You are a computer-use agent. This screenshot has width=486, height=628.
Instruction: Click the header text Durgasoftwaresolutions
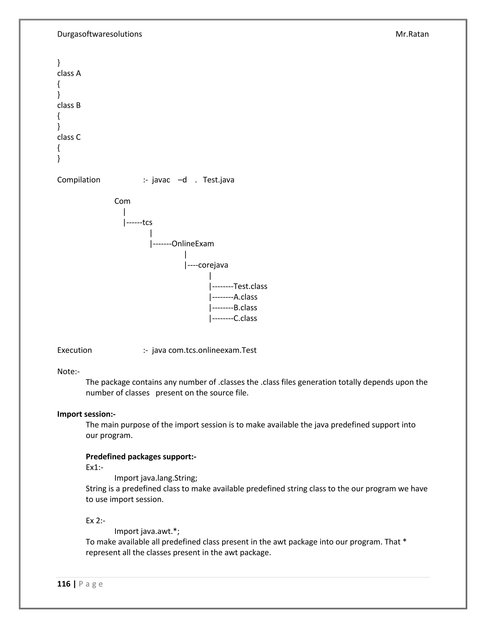(x=99, y=34)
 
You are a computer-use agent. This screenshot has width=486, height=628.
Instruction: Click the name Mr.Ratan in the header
(x=412, y=34)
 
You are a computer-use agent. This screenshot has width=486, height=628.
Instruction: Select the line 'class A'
(x=69, y=74)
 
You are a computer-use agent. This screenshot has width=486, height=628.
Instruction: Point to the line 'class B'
(x=69, y=105)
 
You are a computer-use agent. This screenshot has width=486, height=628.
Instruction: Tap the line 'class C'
(x=69, y=137)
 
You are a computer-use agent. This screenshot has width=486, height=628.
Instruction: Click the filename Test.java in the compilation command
(x=218, y=180)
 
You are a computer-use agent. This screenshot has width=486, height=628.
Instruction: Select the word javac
(x=161, y=180)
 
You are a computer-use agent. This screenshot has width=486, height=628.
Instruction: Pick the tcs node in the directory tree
(x=147, y=223)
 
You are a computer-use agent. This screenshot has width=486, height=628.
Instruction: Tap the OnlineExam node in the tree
(x=193, y=244)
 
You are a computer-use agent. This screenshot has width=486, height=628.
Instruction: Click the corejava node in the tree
(x=213, y=265)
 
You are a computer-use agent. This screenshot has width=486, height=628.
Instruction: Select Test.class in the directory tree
(x=250, y=287)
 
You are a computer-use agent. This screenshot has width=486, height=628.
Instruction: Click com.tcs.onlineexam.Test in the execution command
(x=212, y=350)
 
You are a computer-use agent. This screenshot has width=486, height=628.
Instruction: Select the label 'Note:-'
(x=68, y=372)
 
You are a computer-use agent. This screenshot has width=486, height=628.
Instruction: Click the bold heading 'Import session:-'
(x=86, y=414)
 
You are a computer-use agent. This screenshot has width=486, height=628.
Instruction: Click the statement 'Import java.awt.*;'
(x=147, y=531)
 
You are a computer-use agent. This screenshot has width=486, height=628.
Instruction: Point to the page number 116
(x=64, y=584)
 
